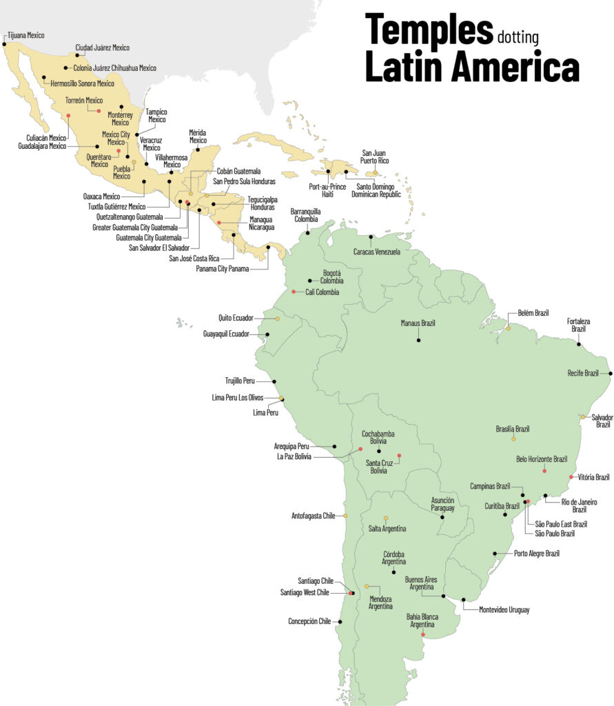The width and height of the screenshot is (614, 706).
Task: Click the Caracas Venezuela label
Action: click(376, 252)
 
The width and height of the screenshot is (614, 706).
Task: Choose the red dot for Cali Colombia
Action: click(294, 292)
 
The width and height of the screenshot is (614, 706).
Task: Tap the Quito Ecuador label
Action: click(236, 319)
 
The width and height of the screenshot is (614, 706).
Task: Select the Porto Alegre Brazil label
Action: click(537, 553)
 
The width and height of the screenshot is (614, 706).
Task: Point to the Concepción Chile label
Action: click(309, 621)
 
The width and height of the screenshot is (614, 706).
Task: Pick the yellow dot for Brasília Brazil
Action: click(513, 438)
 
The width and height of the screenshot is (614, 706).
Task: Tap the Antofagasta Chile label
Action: click(314, 516)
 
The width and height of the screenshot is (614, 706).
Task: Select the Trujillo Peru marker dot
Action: click(274, 381)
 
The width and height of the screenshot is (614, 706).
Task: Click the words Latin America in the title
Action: click(471, 68)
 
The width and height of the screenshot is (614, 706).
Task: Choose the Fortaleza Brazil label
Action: click(578, 325)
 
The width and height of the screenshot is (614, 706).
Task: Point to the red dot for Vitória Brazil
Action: click(571, 476)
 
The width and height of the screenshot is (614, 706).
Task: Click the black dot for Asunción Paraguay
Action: click(442, 516)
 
